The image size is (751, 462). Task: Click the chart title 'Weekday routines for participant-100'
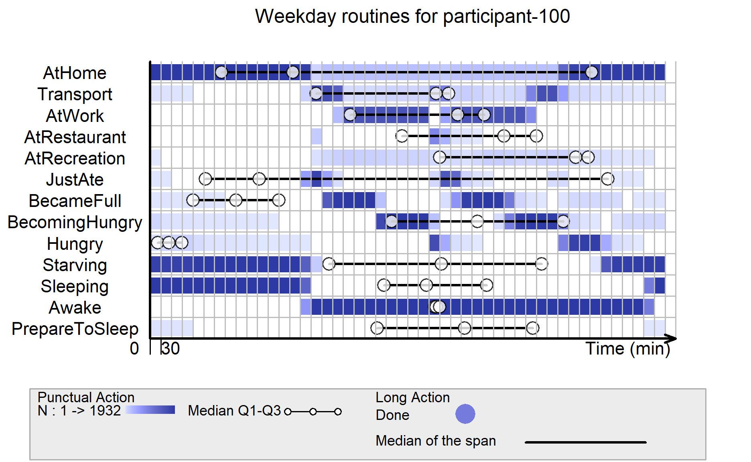(412, 17)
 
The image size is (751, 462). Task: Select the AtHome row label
(75, 73)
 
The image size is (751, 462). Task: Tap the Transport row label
(75, 95)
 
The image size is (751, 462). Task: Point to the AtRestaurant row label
(75, 137)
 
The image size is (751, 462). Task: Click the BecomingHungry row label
(75, 223)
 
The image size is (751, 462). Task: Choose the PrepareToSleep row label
(75, 329)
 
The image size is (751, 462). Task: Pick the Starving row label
(75, 265)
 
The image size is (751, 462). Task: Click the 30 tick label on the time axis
(171, 349)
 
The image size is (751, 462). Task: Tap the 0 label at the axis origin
(134, 349)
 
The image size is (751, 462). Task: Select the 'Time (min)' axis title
(628, 349)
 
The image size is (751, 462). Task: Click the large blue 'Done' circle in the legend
(465, 414)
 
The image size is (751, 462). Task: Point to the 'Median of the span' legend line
(586, 442)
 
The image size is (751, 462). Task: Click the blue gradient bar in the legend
(150, 410)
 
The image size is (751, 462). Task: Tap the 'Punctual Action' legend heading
(86, 397)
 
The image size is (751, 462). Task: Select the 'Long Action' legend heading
(412, 397)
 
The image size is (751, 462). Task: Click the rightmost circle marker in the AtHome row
(591, 73)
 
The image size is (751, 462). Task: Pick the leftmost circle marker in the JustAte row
(205, 179)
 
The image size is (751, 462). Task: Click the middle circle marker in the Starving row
(441, 264)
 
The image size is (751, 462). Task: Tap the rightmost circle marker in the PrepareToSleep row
(533, 328)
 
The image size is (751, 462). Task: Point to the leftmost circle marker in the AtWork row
(350, 115)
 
